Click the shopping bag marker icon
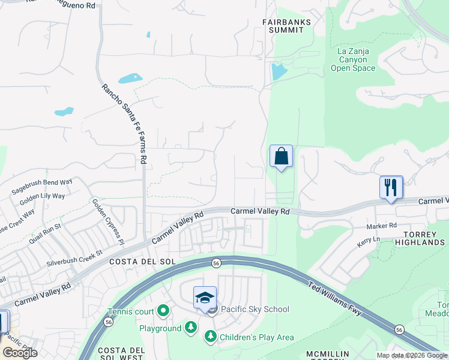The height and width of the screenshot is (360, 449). [x=281, y=157]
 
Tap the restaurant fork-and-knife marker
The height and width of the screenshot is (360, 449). [x=391, y=187]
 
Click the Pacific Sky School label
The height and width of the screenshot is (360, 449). [x=255, y=310]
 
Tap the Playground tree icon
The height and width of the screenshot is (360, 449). [x=190, y=328]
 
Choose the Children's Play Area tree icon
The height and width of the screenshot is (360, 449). [x=211, y=337]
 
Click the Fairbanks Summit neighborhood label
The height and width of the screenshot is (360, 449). [x=287, y=25]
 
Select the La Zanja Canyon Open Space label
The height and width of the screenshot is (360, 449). [x=353, y=59]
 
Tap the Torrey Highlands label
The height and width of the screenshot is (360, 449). [x=420, y=238]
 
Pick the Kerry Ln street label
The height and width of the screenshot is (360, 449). [x=369, y=239]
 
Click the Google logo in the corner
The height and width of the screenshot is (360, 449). [x=20, y=353]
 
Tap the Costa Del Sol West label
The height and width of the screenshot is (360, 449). [x=121, y=353]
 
